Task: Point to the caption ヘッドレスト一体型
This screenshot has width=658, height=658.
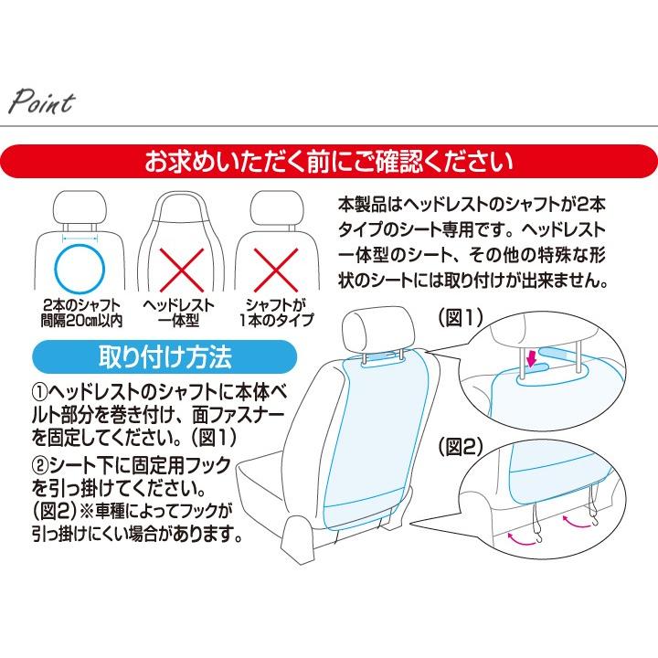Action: coord(180,313)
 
